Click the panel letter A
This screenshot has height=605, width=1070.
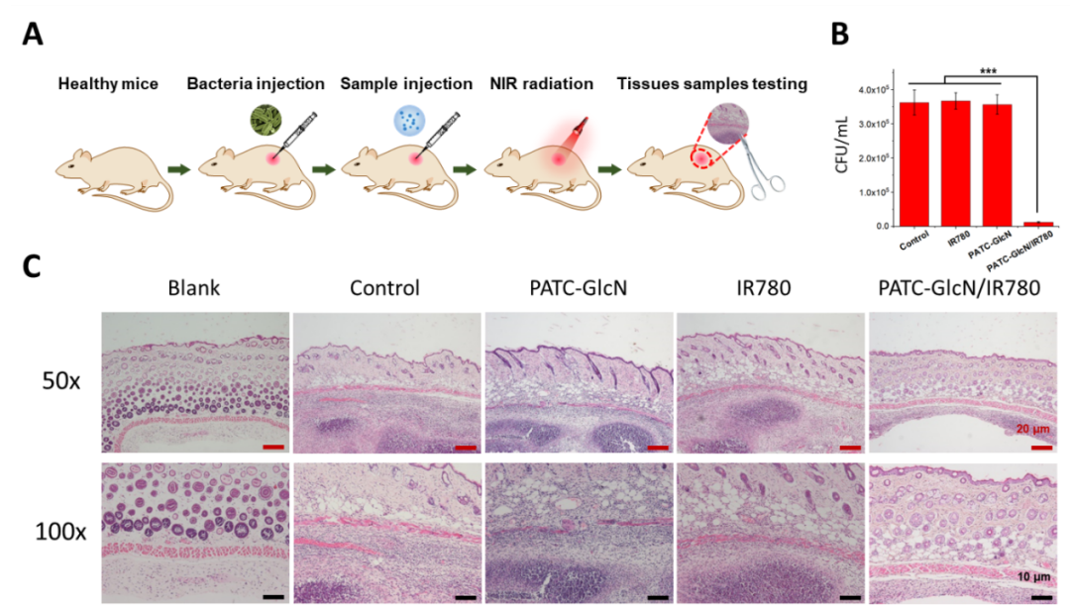[x=32, y=34]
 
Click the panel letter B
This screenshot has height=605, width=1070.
[x=840, y=34]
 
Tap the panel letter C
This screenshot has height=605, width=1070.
[x=32, y=266]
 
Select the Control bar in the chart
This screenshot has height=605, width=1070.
[x=914, y=164]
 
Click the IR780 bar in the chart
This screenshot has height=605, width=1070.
[x=955, y=163]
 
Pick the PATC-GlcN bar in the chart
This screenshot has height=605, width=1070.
[x=997, y=165]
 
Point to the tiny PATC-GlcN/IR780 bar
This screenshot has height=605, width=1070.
[x=1038, y=224]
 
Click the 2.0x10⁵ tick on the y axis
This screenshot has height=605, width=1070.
[x=874, y=157]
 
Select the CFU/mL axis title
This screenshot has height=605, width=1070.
[x=841, y=144]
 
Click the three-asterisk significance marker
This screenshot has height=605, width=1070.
[x=988, y=71]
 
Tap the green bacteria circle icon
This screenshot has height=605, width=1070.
[x=266, y=120]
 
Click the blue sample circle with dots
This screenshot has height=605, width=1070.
[x=409, y=122]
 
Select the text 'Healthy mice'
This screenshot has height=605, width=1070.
[x=108, y=84]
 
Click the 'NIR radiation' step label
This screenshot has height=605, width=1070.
[x=541, y=84]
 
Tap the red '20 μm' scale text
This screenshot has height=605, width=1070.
[x=1032, y=429]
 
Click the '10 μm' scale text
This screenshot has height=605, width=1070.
[x=1033, y=577]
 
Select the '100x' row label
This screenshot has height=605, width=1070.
[x=60, y=532]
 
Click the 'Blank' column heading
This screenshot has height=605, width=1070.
[x=194, y=288]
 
